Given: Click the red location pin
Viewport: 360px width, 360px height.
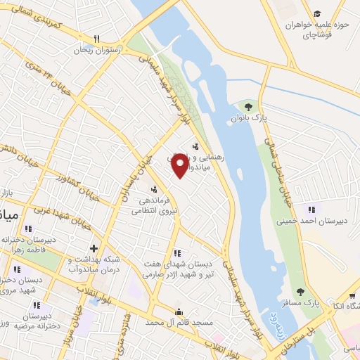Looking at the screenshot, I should pyautogui.click(x=181, y=166).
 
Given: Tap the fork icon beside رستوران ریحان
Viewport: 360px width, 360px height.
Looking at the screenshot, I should pyautogui.click(x=98, y=39).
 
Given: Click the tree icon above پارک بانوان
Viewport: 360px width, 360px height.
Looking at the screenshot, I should pyautogui.click(x=247, y=107).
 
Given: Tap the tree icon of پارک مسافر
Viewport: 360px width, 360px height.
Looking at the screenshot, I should pyautogui.click(x=301, y=292).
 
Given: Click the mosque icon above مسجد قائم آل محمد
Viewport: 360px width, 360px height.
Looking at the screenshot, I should pyautogui.click(x=179, y=311).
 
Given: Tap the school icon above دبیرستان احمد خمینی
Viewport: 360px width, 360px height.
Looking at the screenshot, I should pyautogui.click(x=310, y=209).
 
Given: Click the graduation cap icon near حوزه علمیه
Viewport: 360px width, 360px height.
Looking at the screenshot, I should pyautogui.click(x=317, y=14).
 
